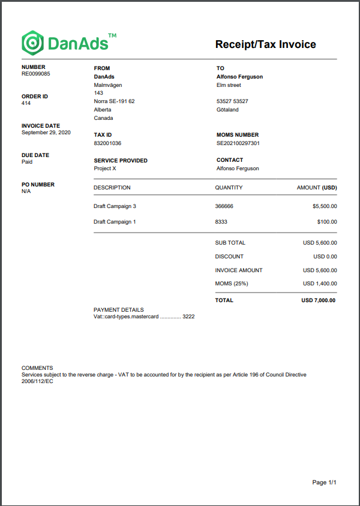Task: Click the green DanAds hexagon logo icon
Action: pyautogui.click(x=32, y=43)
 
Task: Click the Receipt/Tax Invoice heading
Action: pyautogui.click(x=265, y=44)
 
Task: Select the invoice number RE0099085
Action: pyautogui.click(x=36, y=74)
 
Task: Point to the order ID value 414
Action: pyautogui.click(x=26, y=103)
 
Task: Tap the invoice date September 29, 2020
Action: pyautogui.click(x=46, y=132)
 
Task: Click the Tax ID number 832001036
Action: pyautogui.click(x=107, y=143)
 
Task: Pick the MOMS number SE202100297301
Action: pyautogui.click(x=238, y=143)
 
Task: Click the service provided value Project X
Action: pyautogui.click(x=105, y=168)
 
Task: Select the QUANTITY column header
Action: pyautogui.click(x=229, y=188)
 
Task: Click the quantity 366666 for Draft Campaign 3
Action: pyautogui.click(x=224, y=206)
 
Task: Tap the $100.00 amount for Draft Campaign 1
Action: pyautogui.click(x=327, y=222)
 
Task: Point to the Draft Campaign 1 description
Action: pyautogui.click(x=115, y=222)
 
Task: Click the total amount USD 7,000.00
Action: pyautogui.click(x=318, y=300)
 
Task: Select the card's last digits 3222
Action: pyautogui.click(x=188, y=316)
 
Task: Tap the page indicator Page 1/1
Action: pyautogui.click(x=325, y=483)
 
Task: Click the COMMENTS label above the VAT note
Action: pyautogui.click(x=37, y=368)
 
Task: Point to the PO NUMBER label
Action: pyautogui.click(x=38, y=185)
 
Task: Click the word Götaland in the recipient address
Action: pyautogui.click(x=227, y=110)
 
